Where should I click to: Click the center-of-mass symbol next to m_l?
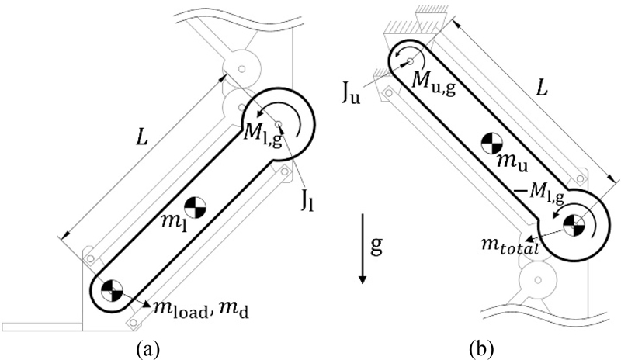click(194, 207)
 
